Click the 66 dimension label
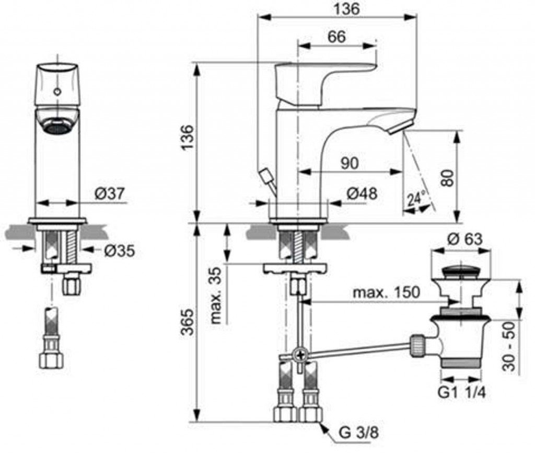click(x=337, y=37)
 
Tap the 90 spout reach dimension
click(x=350, y=163)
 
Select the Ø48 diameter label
click(x=362, y=194)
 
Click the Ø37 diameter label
click(x=110, y=194)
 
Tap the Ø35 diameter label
click(x=120, y=251)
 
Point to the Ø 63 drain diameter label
click(x=464, y=239)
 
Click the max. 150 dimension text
click(x=386, y=292)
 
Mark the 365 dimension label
click(x=188, y=322)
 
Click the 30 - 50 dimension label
click(x=509, y=346)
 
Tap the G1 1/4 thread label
click(x=462, y=393)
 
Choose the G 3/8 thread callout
click(x=358, y=433)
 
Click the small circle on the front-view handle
click(x=57, y=92)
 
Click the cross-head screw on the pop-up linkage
click(x=300, y=355)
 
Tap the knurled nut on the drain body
click(x=418, y=346)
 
